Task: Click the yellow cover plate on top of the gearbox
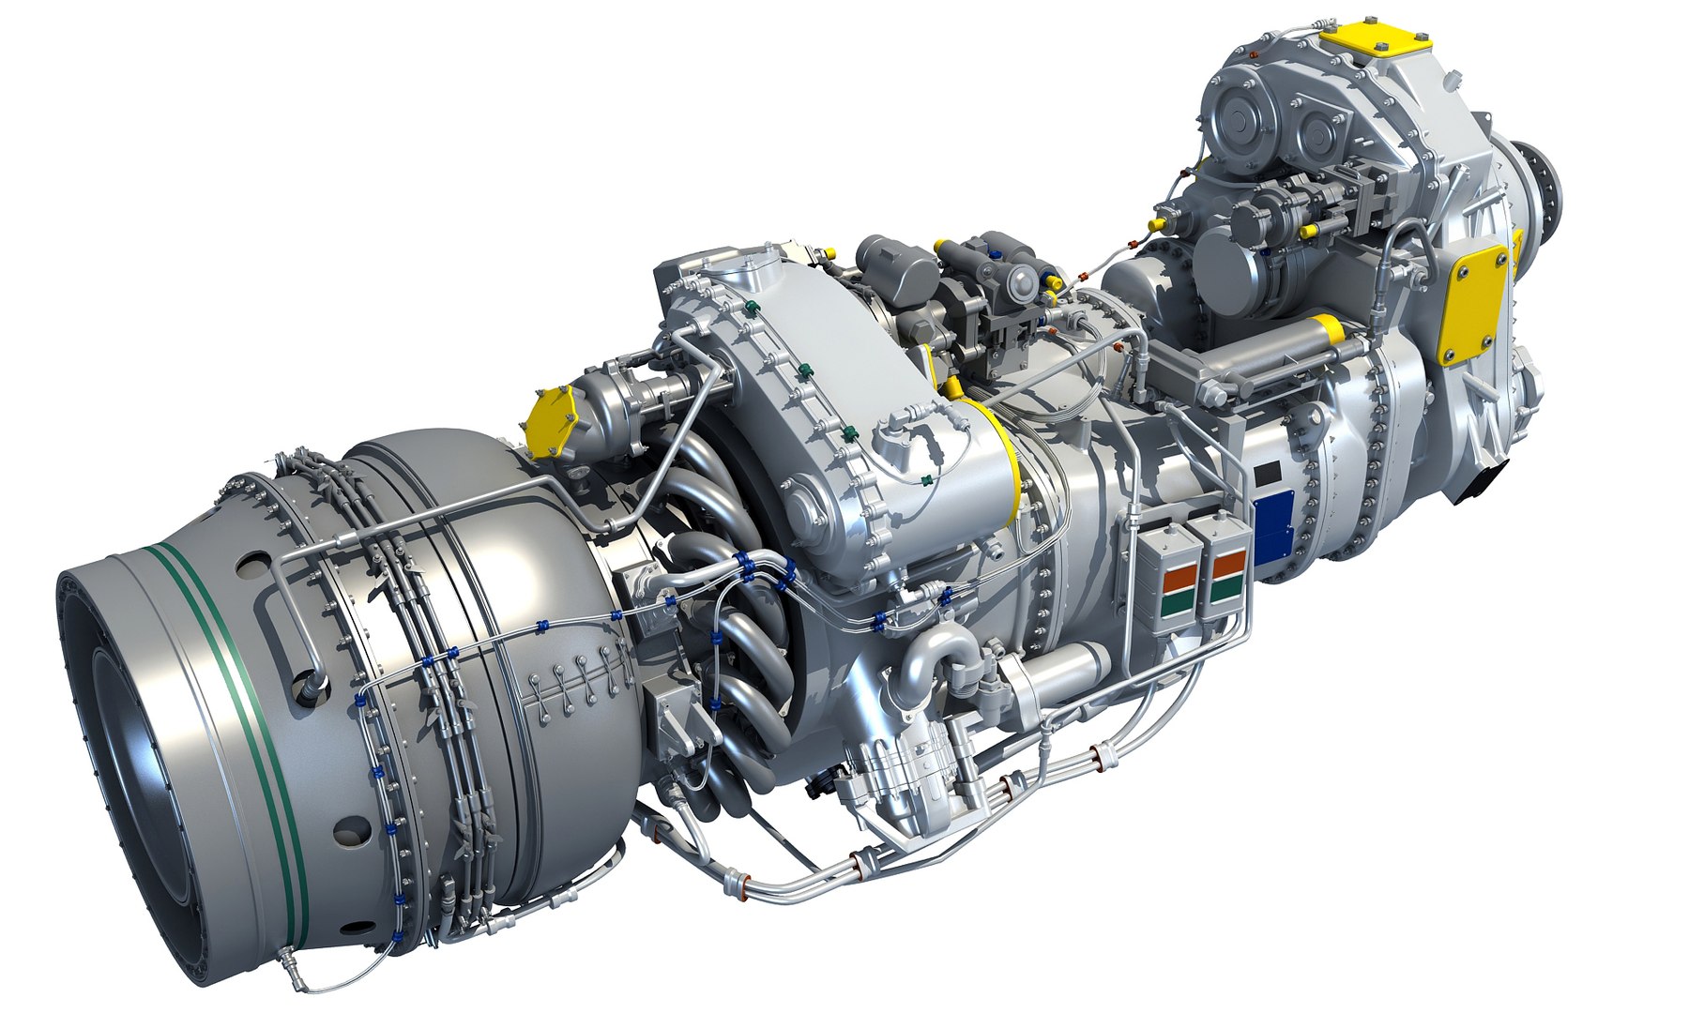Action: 1376,43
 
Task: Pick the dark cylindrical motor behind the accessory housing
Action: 896,267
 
